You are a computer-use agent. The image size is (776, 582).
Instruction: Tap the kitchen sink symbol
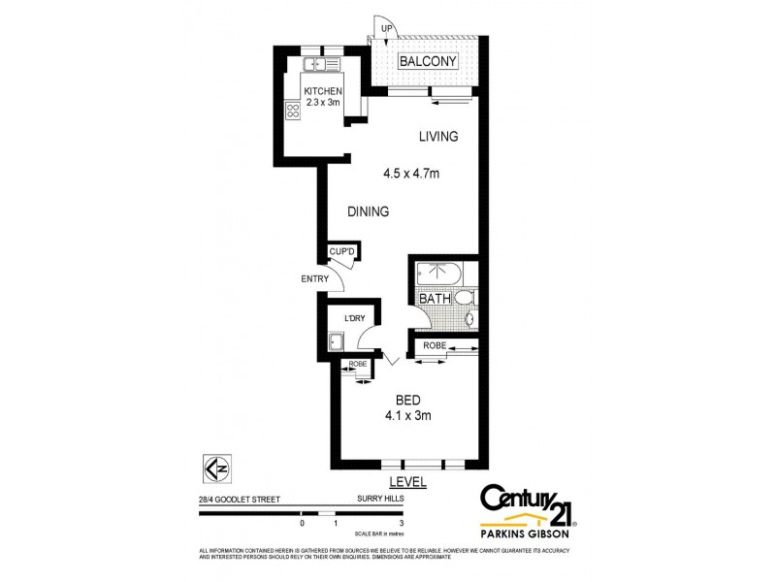click(x=318, y=65)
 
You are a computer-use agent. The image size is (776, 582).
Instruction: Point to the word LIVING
click(x=437, y=137)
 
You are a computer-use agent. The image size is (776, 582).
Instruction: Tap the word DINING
click(x=369, y=211)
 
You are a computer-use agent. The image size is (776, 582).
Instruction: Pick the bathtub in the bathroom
click(x=441, y=273)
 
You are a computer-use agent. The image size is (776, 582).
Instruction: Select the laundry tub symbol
click(x=336, y=340)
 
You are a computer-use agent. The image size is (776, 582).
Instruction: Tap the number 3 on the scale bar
click(x=401, y=523)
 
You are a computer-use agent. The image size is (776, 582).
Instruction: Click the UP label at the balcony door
click(x=386, y=29)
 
